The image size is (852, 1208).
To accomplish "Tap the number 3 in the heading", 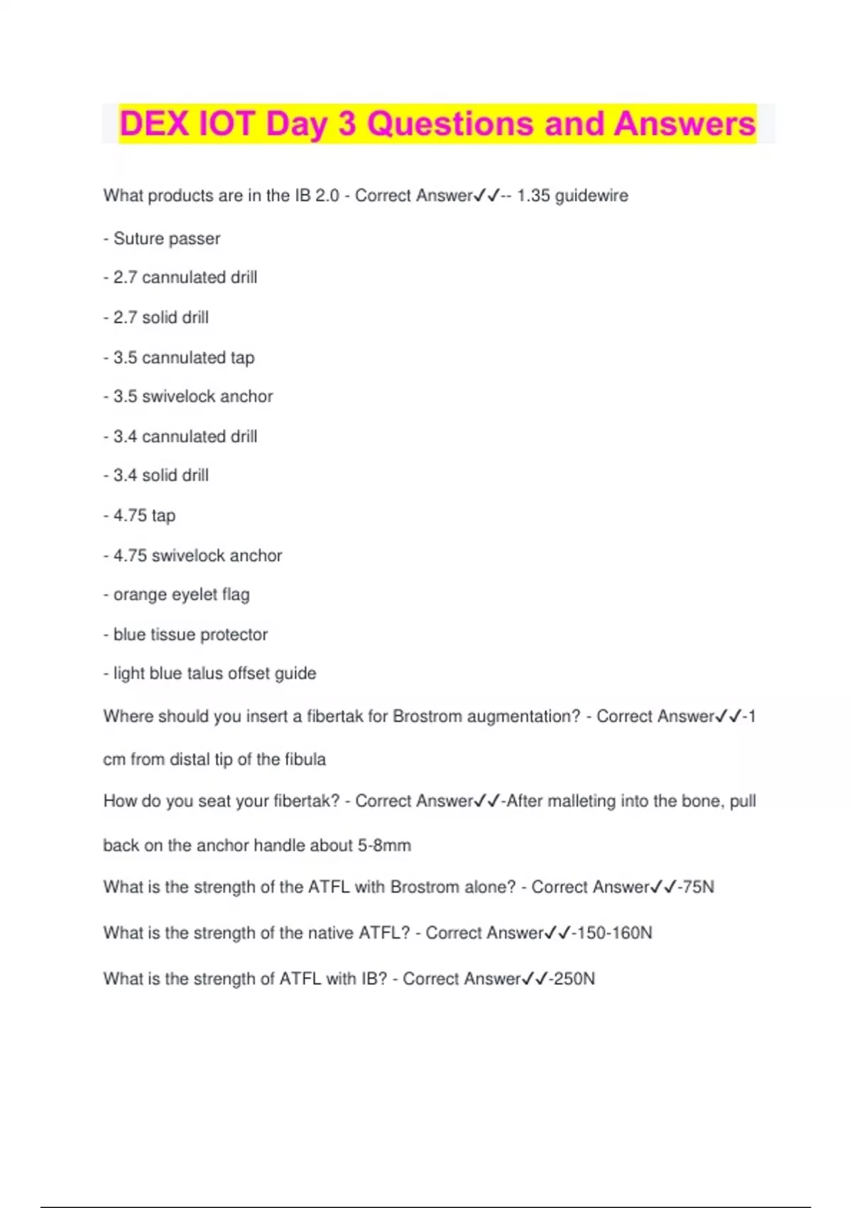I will (x=346, y=124).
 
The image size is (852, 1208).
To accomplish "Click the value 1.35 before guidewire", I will (x=533, y=195).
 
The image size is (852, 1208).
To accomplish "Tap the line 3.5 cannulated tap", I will (x=183, y=357).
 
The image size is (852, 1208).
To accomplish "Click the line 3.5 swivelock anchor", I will (x=192, y=397).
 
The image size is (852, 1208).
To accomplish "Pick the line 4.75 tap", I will (x=144, y=515).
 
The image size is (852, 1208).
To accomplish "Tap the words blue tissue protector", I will (x=190, y=635).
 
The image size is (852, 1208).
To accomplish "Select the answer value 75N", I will (x=699, y=888).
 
